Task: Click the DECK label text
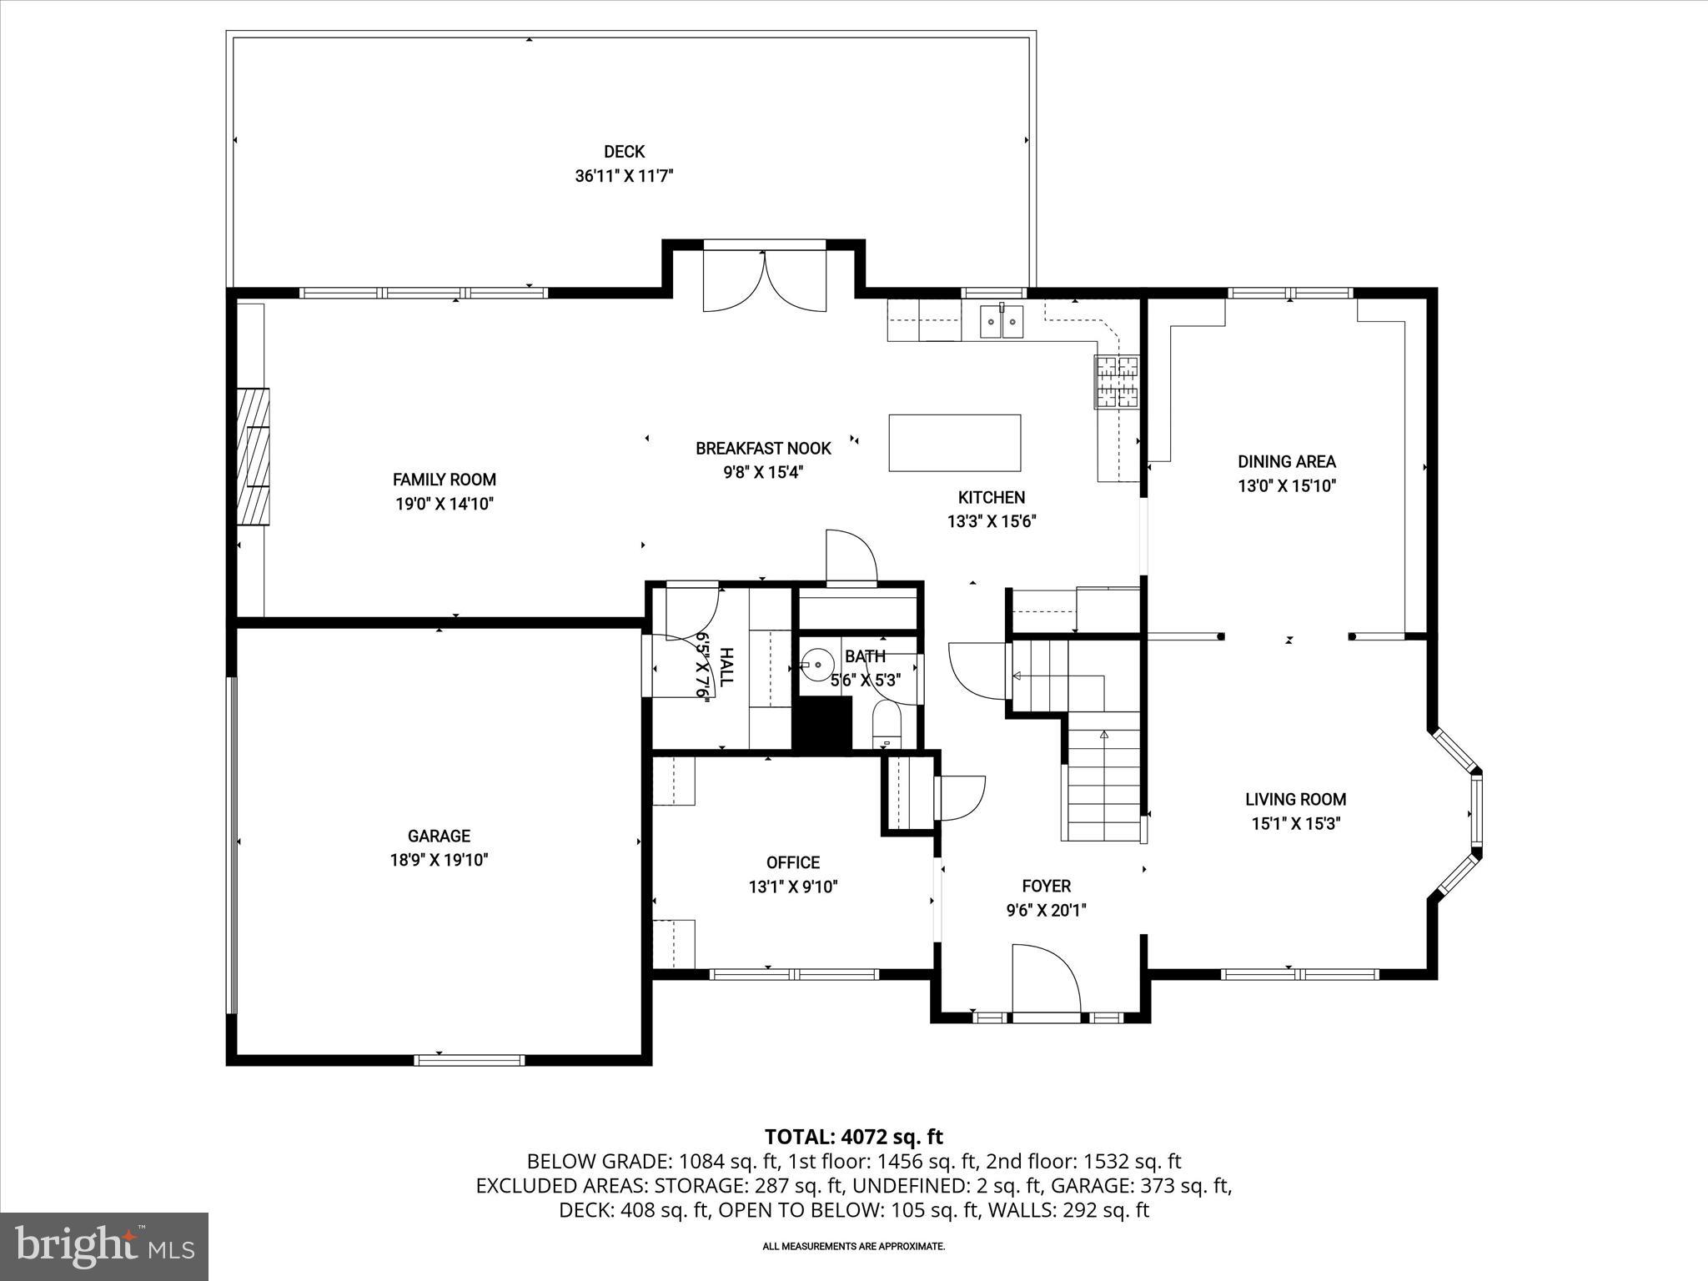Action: click(x=624, y=152)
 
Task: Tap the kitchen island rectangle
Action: click(x=954, y=443)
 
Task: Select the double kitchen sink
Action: click(x=1001, y=321)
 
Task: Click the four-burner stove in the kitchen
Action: click(x=1116, y=381)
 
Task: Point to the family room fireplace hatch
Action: click(x=254, y=456)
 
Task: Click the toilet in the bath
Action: click(x=886, y=722)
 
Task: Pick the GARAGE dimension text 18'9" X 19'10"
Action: click(x=439, y=860)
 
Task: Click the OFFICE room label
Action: click(x=792, y=862)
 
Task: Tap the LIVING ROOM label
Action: click(x=1295, y=799)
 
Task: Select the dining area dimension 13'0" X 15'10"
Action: click(x=1287, y=485)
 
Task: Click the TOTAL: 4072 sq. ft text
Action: click(x=853, y=1137)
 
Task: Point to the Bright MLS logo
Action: click(x=104, y=1246)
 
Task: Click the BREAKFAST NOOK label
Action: click(x=763, y=449)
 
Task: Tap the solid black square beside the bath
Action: click(x=821, y=725)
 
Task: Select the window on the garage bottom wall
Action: click(x=470, y=1060)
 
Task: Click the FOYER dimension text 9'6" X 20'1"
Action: click(x=1046, y=911)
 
